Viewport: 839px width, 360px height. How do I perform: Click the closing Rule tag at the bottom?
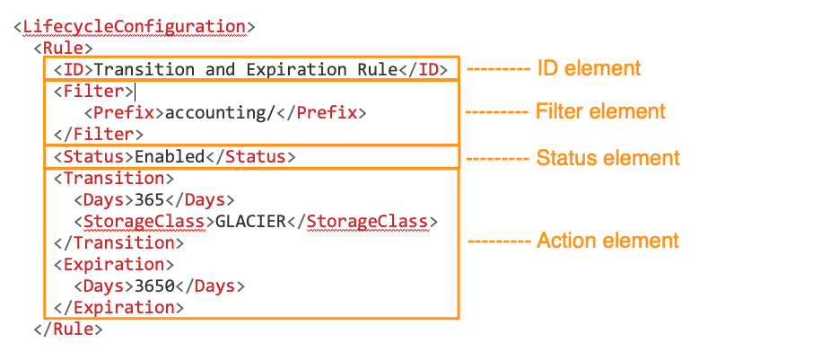pyautogui.click(x=67, y=329)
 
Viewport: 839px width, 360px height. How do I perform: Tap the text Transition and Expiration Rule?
pyautogui.click(x=246, y=70)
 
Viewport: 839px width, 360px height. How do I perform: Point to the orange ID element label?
pyautogui.click(x=588, y=68)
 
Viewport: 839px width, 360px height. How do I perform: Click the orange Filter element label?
pyautogui.click(x=600, y=112)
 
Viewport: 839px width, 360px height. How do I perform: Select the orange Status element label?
pyautogui.click(x=607, y=158)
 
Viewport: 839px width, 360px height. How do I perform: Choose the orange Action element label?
pyautogui.click(x=607, y=241)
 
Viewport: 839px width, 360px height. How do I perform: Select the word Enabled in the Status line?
pyautogui.click(x=170, y=156)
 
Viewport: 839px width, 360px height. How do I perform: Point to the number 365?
pyautogui.click(x=150, y=199)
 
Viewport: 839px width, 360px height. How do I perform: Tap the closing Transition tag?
pyautogui.click(x=118, y=242)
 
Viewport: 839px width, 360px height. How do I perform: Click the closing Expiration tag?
pyautogui.click(x=118, y=307)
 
